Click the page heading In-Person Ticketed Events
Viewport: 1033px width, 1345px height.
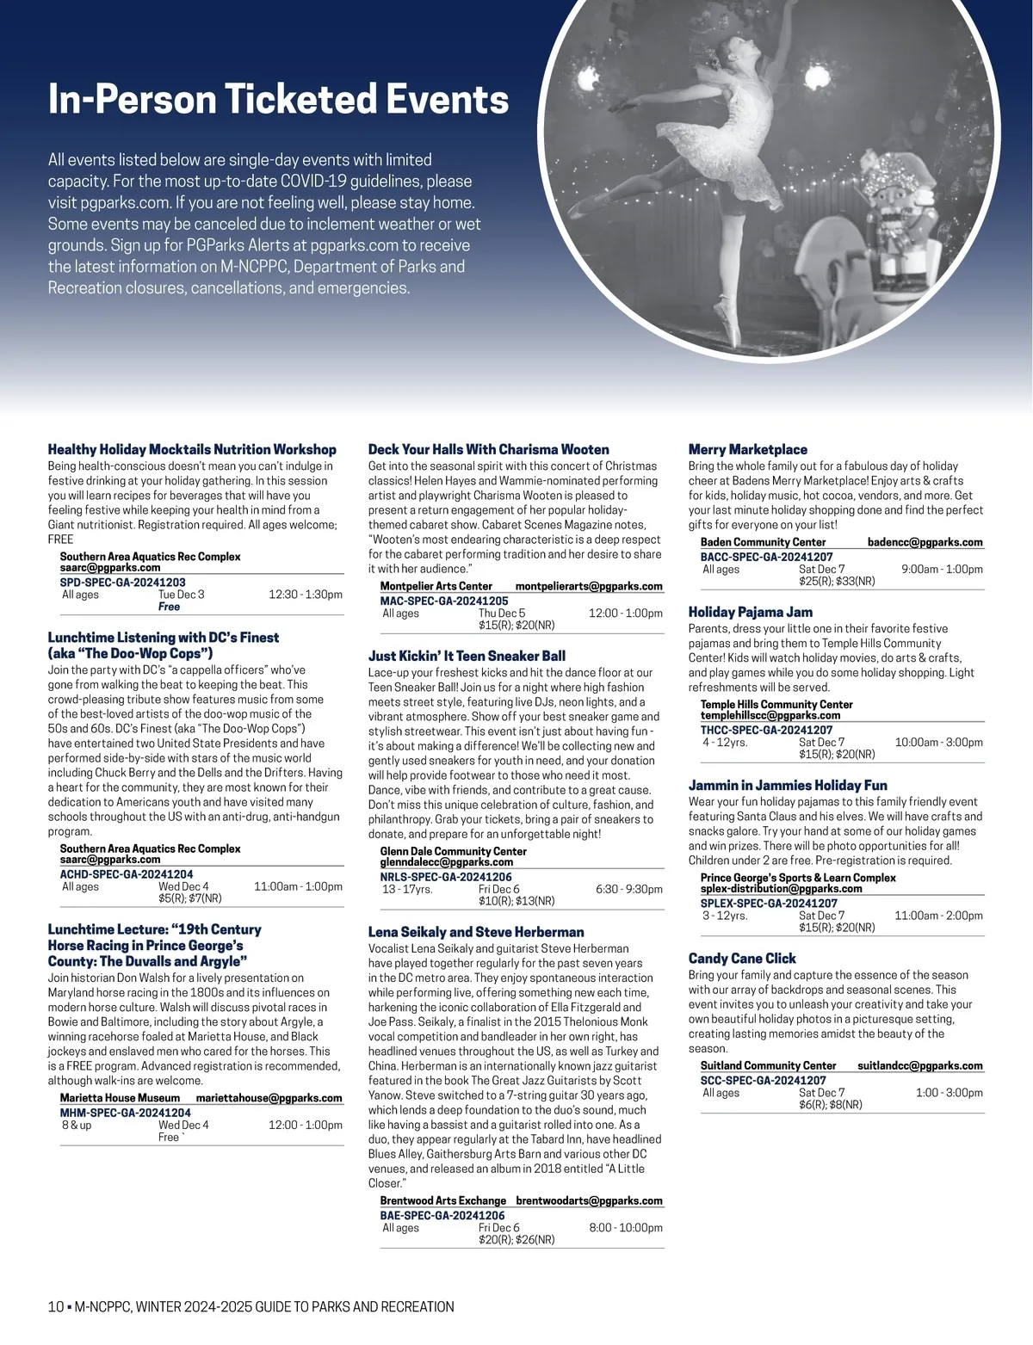coord(278,100)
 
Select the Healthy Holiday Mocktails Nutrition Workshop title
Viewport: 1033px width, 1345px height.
coord(192,449)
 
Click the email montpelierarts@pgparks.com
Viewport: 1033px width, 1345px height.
coord(589,586)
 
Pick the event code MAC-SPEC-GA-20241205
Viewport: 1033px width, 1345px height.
coord(444,601)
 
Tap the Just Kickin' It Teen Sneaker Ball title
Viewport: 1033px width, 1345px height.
coord(467,656)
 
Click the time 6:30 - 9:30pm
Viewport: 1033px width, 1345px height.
coord(628,889)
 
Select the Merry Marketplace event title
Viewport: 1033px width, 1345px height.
coord(748,449)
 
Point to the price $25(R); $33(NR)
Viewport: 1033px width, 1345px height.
coord(837,581)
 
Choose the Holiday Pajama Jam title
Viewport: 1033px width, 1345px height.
coord(751,612)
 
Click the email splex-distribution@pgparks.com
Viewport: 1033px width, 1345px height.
coord(781,888)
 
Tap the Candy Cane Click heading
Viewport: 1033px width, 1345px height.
coord(742,958)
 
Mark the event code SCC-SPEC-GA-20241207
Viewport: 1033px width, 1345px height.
coord(764,1080)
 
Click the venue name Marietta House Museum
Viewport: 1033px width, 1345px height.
coord(120,1097)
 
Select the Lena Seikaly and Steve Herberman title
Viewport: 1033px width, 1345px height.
coord(476,932)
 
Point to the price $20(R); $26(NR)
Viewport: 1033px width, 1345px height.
coord(516,1239)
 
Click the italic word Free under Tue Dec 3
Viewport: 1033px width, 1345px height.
coord(170,607)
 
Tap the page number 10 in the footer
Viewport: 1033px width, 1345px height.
coord(56,1307)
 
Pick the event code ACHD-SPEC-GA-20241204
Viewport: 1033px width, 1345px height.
coord(127,873)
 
